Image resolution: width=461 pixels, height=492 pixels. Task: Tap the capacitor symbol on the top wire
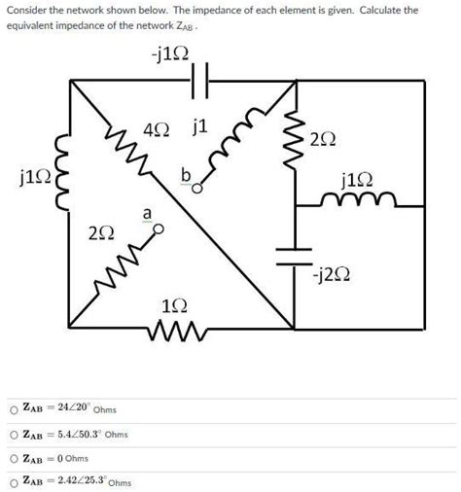pos(202,83)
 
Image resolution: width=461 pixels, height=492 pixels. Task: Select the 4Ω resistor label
pos(155,128)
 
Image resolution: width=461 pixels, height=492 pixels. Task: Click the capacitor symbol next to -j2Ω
pos(292,256)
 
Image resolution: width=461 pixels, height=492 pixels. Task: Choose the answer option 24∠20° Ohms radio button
pos(13,407)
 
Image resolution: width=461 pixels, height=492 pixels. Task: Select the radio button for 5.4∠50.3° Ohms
pos(13,433)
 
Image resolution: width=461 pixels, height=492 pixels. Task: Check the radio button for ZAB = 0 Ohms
pos(13,457)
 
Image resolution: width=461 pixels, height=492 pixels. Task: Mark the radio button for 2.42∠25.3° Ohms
pos(13,480)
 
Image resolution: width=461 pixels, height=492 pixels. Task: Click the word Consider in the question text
pos(30,10)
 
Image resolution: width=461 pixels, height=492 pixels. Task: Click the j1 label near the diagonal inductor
pos(201,125)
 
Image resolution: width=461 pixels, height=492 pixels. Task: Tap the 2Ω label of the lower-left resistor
pos(98,234)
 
